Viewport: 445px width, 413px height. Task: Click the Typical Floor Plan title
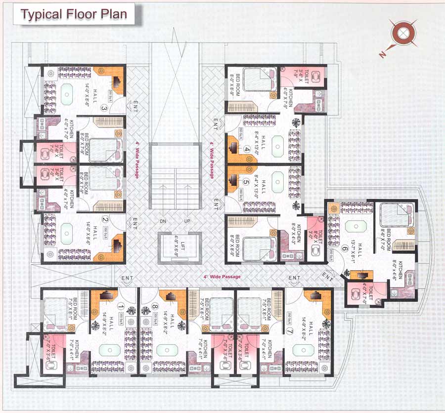(x=73, y=14)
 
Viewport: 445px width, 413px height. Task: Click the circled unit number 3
(x=104, y=108)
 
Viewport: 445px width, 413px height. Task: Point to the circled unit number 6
(x=344, y=249)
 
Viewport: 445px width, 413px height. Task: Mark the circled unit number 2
(x=105, y=221)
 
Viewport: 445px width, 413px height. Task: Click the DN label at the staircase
(x=163, y=221)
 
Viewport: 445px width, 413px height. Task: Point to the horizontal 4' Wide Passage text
(x=222, y=277)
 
